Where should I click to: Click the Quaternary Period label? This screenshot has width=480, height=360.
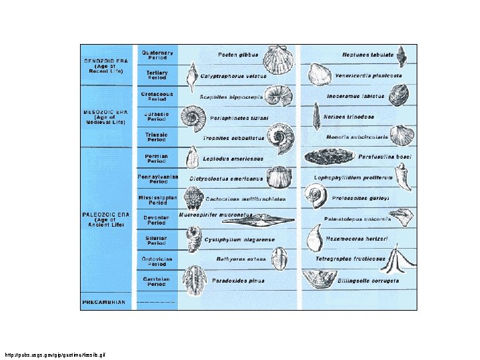(x=157, y=55)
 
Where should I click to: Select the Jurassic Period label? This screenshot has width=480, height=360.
(x=157, y=117)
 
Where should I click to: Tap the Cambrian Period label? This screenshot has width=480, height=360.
(x=157, y=281)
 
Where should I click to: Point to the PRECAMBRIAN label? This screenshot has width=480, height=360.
(x=104, y=302)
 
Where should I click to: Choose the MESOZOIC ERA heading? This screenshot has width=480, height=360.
(x=105, y=116)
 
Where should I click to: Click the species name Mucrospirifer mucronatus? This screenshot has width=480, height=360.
(x=216, y=215)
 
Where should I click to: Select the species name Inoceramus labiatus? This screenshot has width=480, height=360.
(x=355, y=97)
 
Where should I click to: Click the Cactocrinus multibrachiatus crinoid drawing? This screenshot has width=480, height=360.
(x=193, y=199)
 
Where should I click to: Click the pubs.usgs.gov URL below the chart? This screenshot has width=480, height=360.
(x=55, y=353)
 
